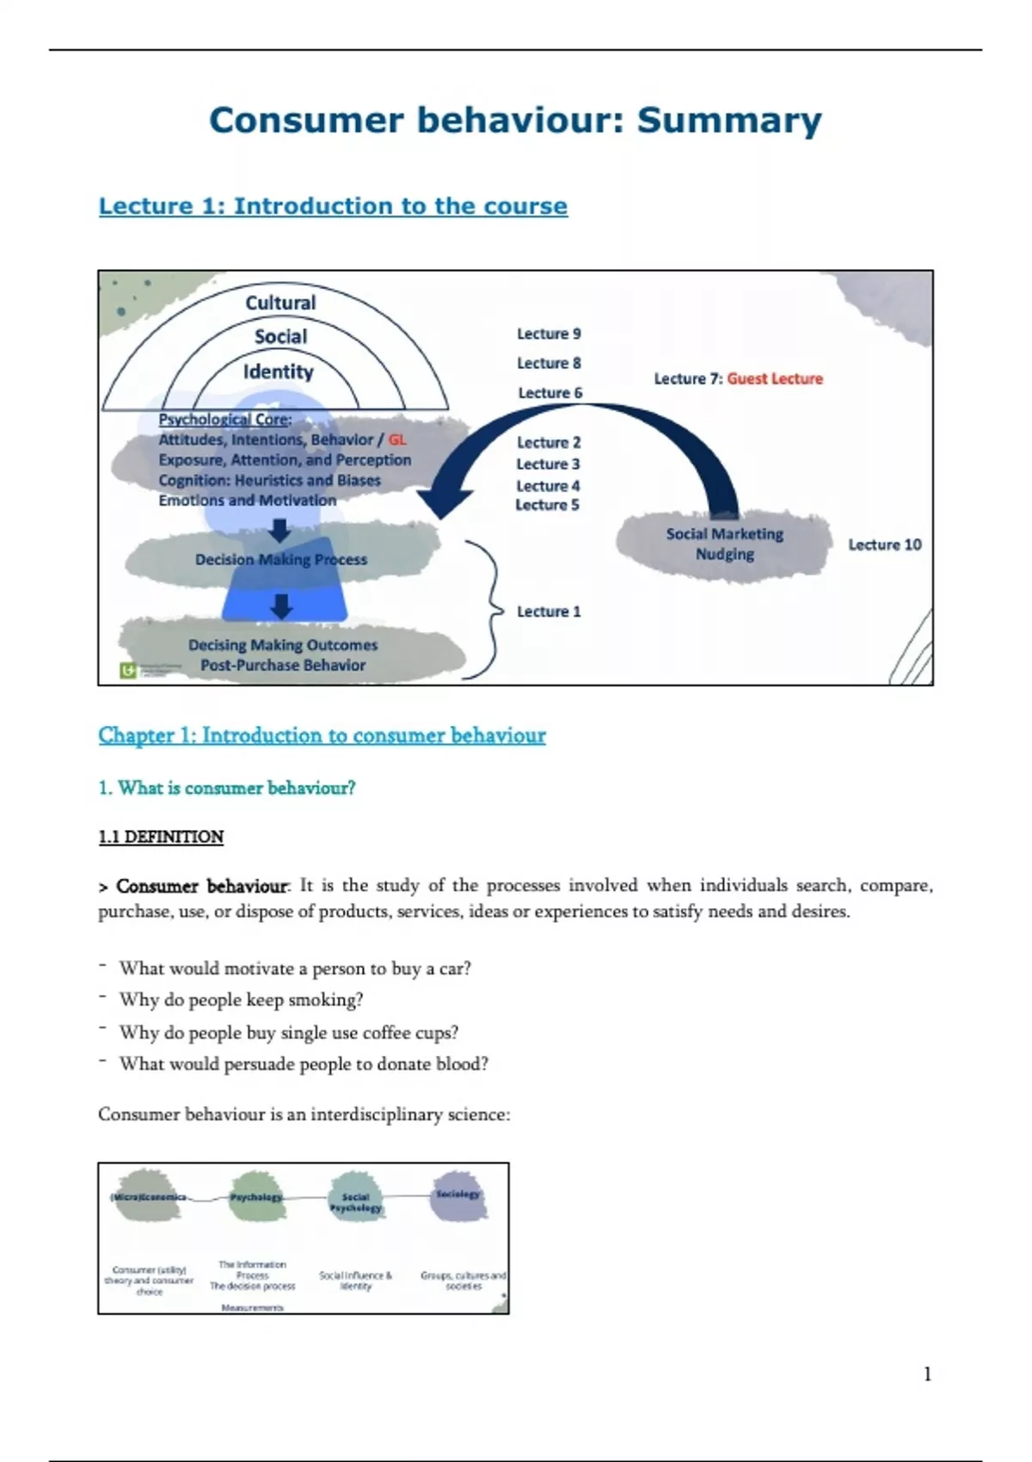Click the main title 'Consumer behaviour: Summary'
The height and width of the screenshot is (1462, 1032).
point(515,120)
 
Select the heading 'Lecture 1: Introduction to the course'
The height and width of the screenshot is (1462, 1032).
point(333,206)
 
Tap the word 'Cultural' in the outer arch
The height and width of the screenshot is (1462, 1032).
point(280,303)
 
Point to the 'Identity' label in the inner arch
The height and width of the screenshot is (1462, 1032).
point(278,372)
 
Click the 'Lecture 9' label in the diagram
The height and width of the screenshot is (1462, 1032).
point(549,334)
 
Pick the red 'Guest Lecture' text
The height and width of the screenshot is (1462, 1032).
point(775,378)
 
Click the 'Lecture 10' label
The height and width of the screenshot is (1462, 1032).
point(884,544)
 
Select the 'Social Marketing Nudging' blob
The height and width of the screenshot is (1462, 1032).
point(724,544)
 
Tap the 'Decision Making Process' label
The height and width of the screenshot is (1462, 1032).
point(281,560)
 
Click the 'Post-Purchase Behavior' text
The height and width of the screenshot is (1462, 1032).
point(283,665)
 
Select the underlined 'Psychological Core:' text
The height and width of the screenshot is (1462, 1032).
point(225,420)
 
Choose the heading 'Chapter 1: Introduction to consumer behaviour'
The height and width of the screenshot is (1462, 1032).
point(322,735)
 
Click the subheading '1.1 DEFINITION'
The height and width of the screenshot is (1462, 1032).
point(161,837)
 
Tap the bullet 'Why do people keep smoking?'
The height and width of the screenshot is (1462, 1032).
point(241,999)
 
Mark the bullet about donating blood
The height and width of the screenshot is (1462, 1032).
point(304,1064)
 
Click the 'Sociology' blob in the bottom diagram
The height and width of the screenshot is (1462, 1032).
point(458,1195)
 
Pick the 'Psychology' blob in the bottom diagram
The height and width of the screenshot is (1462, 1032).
point(255,1196)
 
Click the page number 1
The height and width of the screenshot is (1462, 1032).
point(927,1374)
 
